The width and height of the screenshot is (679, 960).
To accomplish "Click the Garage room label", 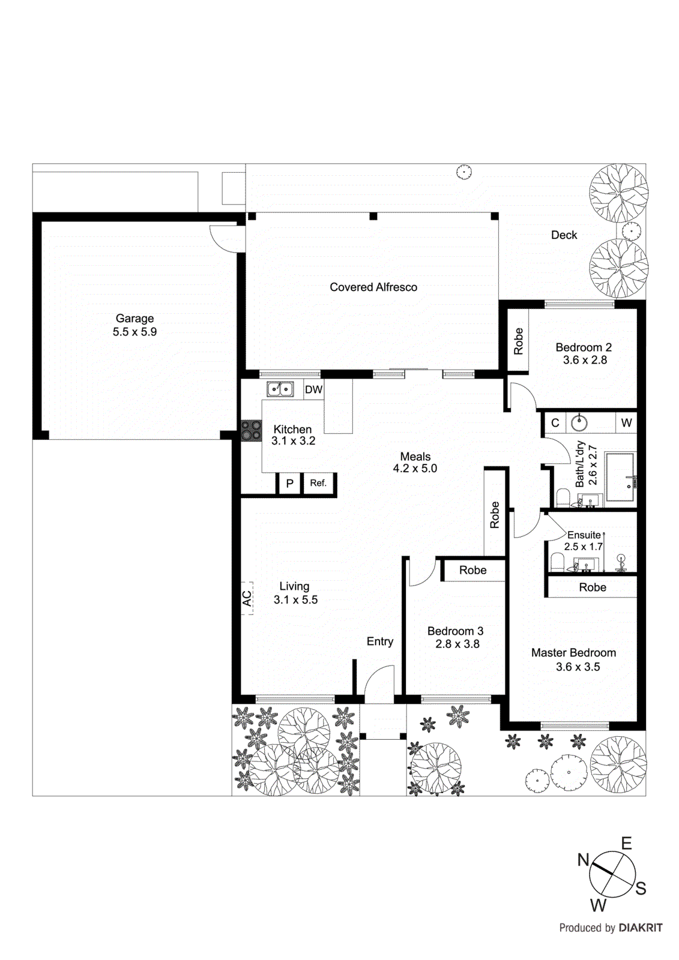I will click(134, 319).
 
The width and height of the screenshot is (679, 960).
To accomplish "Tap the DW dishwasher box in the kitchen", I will click(313, 389).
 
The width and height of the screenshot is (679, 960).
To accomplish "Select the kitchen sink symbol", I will click(280, 389).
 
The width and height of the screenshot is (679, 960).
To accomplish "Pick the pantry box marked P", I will click(289, 483).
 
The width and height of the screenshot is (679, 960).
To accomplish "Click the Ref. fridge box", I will click(318, 483).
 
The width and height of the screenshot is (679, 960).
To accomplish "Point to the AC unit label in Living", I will click(247, 598).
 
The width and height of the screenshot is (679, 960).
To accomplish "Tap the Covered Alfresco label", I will click(373, 287).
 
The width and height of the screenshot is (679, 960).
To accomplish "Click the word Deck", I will click(564, 235).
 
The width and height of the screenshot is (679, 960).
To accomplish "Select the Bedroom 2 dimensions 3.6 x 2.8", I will click(584, 360).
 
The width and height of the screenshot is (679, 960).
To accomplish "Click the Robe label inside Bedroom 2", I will click(519, 341).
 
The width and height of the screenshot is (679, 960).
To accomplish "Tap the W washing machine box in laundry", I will click(626, 422).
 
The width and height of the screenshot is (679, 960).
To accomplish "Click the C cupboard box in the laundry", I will click(555, 422).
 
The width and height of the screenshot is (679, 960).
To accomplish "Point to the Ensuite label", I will click(584, 535).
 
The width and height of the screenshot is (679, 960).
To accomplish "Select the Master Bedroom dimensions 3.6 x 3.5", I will click(578, 667).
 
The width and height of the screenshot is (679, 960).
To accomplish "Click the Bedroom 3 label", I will click(455, 631).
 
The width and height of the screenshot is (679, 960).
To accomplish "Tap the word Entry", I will click(379, 641).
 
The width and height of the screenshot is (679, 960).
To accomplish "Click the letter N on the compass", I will click(583, 860).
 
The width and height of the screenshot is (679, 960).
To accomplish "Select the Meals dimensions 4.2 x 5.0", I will click(415, 469).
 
